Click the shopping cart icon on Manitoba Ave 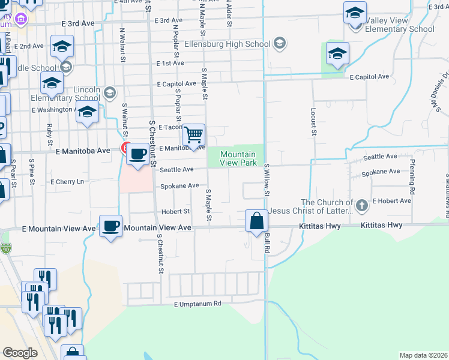click(194, 134)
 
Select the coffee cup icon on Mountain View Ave click(110, 226)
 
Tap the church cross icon click(361, 206)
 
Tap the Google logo click(20, 353)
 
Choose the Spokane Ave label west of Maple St click(179, 186)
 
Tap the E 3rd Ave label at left click(77, 23)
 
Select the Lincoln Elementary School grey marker click(109, 92)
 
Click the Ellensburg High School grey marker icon click(280, 43)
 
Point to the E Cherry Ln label click(68, 181)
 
